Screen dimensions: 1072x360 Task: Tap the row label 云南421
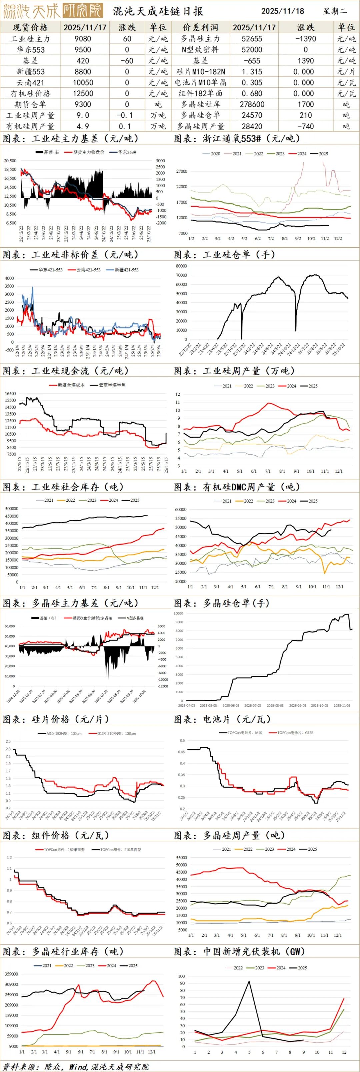click(x=30, y=82)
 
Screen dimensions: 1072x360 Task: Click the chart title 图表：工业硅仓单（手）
click(x=224, y=255)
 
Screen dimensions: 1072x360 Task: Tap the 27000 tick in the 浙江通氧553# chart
click(x=182, y=171)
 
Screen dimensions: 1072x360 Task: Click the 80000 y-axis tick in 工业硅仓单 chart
click(x=181, y=266)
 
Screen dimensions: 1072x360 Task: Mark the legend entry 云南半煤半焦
click(x=112, y=385)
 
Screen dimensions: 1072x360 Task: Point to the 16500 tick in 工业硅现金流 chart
click(x=10, y=394)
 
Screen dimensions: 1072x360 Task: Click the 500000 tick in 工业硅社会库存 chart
click(x=12, y=509)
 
